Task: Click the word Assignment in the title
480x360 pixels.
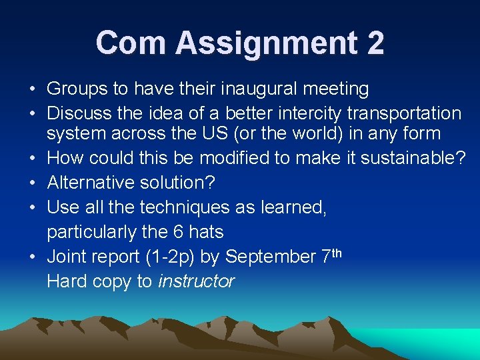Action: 267,43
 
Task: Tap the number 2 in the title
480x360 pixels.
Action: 375,43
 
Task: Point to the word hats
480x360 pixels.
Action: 205,232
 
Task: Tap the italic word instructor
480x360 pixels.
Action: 197,281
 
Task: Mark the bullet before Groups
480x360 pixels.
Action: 33,89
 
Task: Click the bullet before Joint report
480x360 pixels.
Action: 33,257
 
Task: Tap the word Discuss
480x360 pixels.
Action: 78,113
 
